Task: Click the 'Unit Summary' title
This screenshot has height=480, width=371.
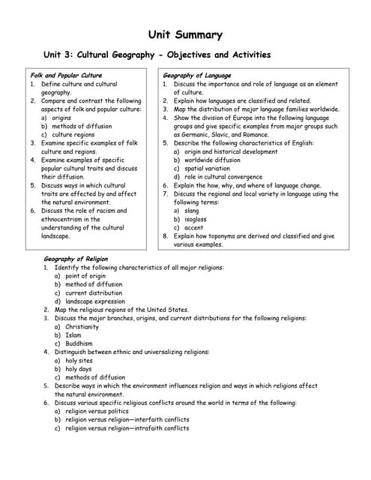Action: point(185,34)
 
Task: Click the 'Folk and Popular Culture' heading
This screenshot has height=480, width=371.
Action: point(65,76)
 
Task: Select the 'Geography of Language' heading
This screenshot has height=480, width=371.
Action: point(197,76)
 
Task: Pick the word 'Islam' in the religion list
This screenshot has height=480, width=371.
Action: point(73,335)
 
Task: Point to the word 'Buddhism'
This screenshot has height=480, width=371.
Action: point(79,343)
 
